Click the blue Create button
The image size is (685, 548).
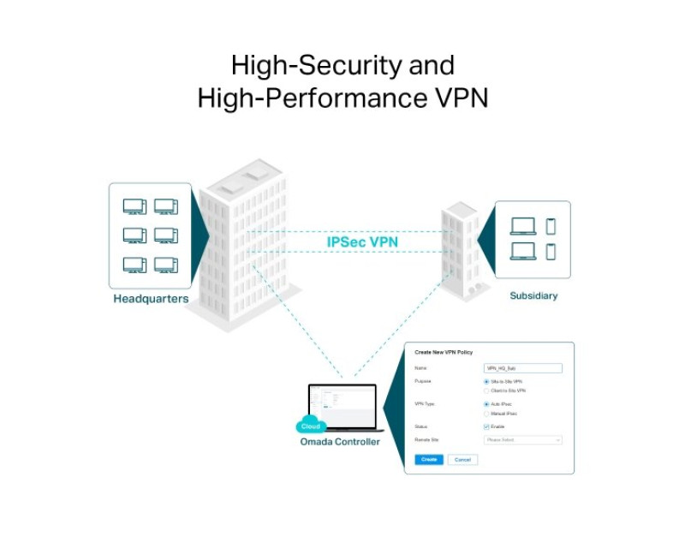pos(429,460)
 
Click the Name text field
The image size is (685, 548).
pos(522,368)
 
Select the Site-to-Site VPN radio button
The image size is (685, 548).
pos(486,381)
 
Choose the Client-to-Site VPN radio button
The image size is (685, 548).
pos(486,390)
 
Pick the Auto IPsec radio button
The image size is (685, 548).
pos(486,404)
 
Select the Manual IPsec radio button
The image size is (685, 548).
pos(486,414)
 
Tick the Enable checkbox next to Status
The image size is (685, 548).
pos(486,426)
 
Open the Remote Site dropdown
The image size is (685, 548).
pos(522,440)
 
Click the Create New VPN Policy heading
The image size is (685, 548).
pos(444,352)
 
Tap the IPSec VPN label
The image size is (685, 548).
pos(362,242)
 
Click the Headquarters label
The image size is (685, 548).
pos(151,300)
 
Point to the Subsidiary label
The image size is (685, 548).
pos(533,296)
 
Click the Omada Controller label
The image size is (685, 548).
pos(340,442)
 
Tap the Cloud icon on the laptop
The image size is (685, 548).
pos(310,426)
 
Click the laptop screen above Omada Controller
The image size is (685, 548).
pos(342,407)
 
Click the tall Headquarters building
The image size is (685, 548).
pos(244,248)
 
